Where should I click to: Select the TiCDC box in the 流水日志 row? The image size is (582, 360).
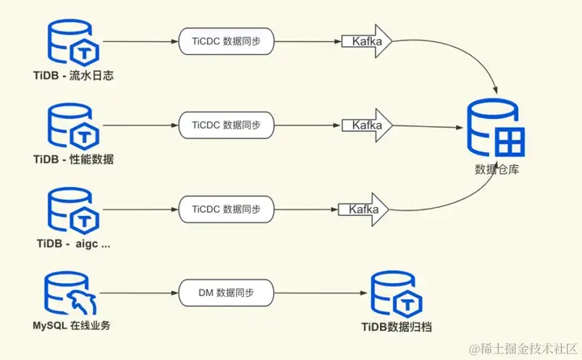tap(227, 40)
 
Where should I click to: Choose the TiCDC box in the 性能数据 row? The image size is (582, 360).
tap(227, 125)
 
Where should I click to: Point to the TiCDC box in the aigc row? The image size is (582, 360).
tap(227, 209)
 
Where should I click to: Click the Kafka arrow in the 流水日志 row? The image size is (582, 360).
tap(365, 40)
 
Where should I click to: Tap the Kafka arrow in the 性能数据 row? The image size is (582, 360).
tap(365, 125)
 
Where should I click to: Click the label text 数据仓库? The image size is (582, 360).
tap(496, 170)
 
